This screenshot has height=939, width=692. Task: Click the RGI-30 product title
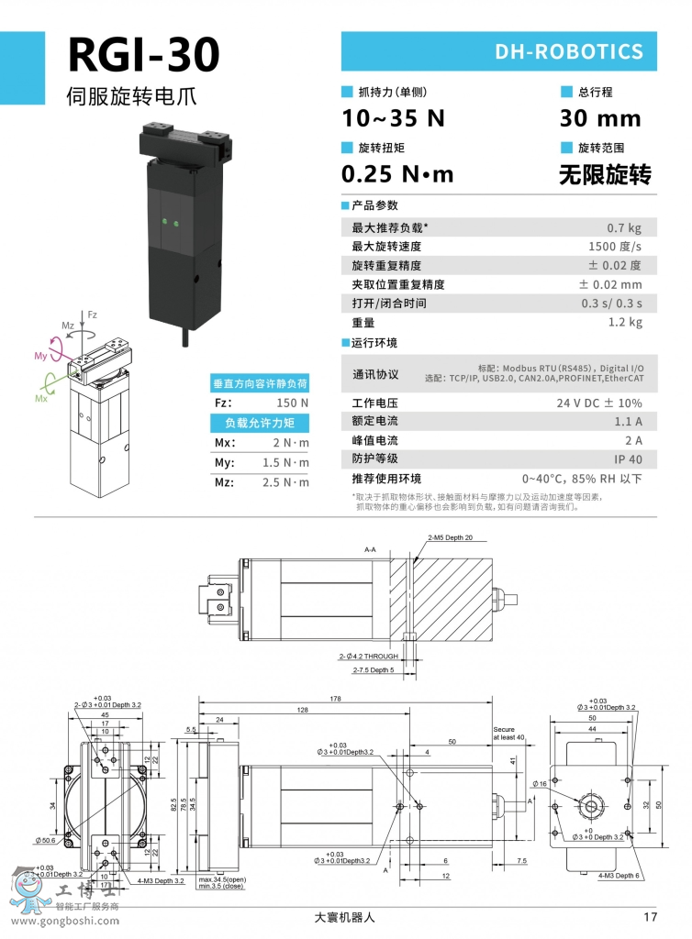pyautogui.click(x=144, y=55)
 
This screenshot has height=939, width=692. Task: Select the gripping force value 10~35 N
pyautogui.click(x=392, y=118)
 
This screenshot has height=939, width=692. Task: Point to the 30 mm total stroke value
pyautogui.click(x=599, y=118)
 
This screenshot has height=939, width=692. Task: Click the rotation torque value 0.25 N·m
pyautogui.click(x=397, y=174)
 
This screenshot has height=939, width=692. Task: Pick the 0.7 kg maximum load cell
pyautogui.click(x=624, y=227)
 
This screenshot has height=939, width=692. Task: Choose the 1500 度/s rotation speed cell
pyautogui.click(x=614, y=247)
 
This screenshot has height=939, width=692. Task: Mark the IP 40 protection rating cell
pyautogui.click(x=628, y=459)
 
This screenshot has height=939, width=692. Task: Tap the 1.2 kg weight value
pyautogui.click(x=625, y=323)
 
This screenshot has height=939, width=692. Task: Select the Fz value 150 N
pyautogui.click(x=292, y=403)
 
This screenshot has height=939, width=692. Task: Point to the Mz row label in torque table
pyautogui.click(x=224, y=481)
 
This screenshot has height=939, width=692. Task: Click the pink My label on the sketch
pyautogui.click(x=40, y=355)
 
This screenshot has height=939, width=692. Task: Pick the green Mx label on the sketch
pyautogui.click(x=41, y=399)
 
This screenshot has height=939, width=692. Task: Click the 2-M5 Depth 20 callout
pyautogui.click(x=450, y=537)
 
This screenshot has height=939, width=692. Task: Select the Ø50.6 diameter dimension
pyautogui.click(x=45, y=839)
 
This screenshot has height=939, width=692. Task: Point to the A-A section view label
pyautogui.click(x=370, y=549)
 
